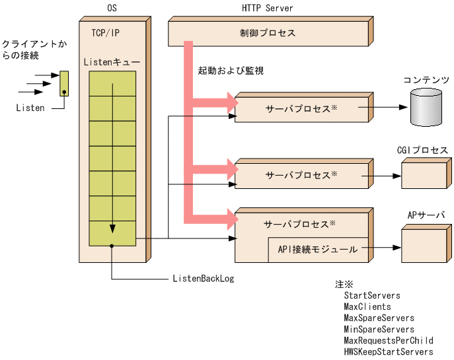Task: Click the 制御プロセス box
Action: click(268, 33)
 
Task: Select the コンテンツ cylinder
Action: click(425, 106)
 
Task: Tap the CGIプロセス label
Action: click(423, 151)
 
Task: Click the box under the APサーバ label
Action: click(425, 244)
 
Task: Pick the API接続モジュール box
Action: click(317, 249)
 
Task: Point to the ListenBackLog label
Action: click(203, 279)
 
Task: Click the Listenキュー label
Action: click(112, 62)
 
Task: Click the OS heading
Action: click(112, 8)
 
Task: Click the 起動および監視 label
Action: click(231, 70)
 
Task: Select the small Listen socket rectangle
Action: click(63, 84)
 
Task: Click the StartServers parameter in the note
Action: click(371, 296)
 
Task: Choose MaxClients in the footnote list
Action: click(367, 307)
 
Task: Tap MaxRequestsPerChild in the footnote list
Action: click(388, 341)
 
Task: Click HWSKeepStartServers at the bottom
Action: click(388, 352)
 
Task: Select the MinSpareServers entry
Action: click(379, 330)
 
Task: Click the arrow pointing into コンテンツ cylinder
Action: click(383, 106)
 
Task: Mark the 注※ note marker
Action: click(344, 285)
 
